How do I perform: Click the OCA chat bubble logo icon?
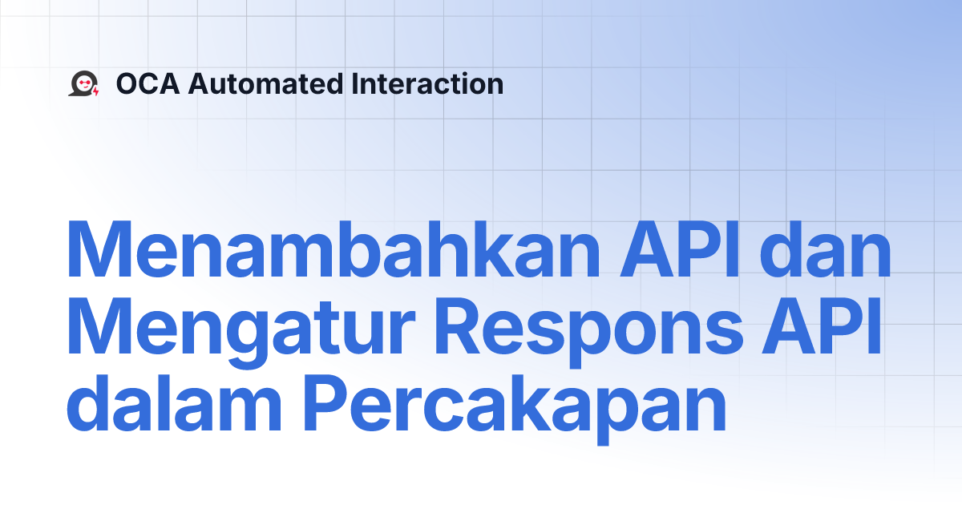(x=83, y=83)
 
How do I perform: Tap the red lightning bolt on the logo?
(x=96, y=91)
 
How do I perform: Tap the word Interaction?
(x=427, y=83)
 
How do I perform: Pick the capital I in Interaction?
(x=355, y=83)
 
